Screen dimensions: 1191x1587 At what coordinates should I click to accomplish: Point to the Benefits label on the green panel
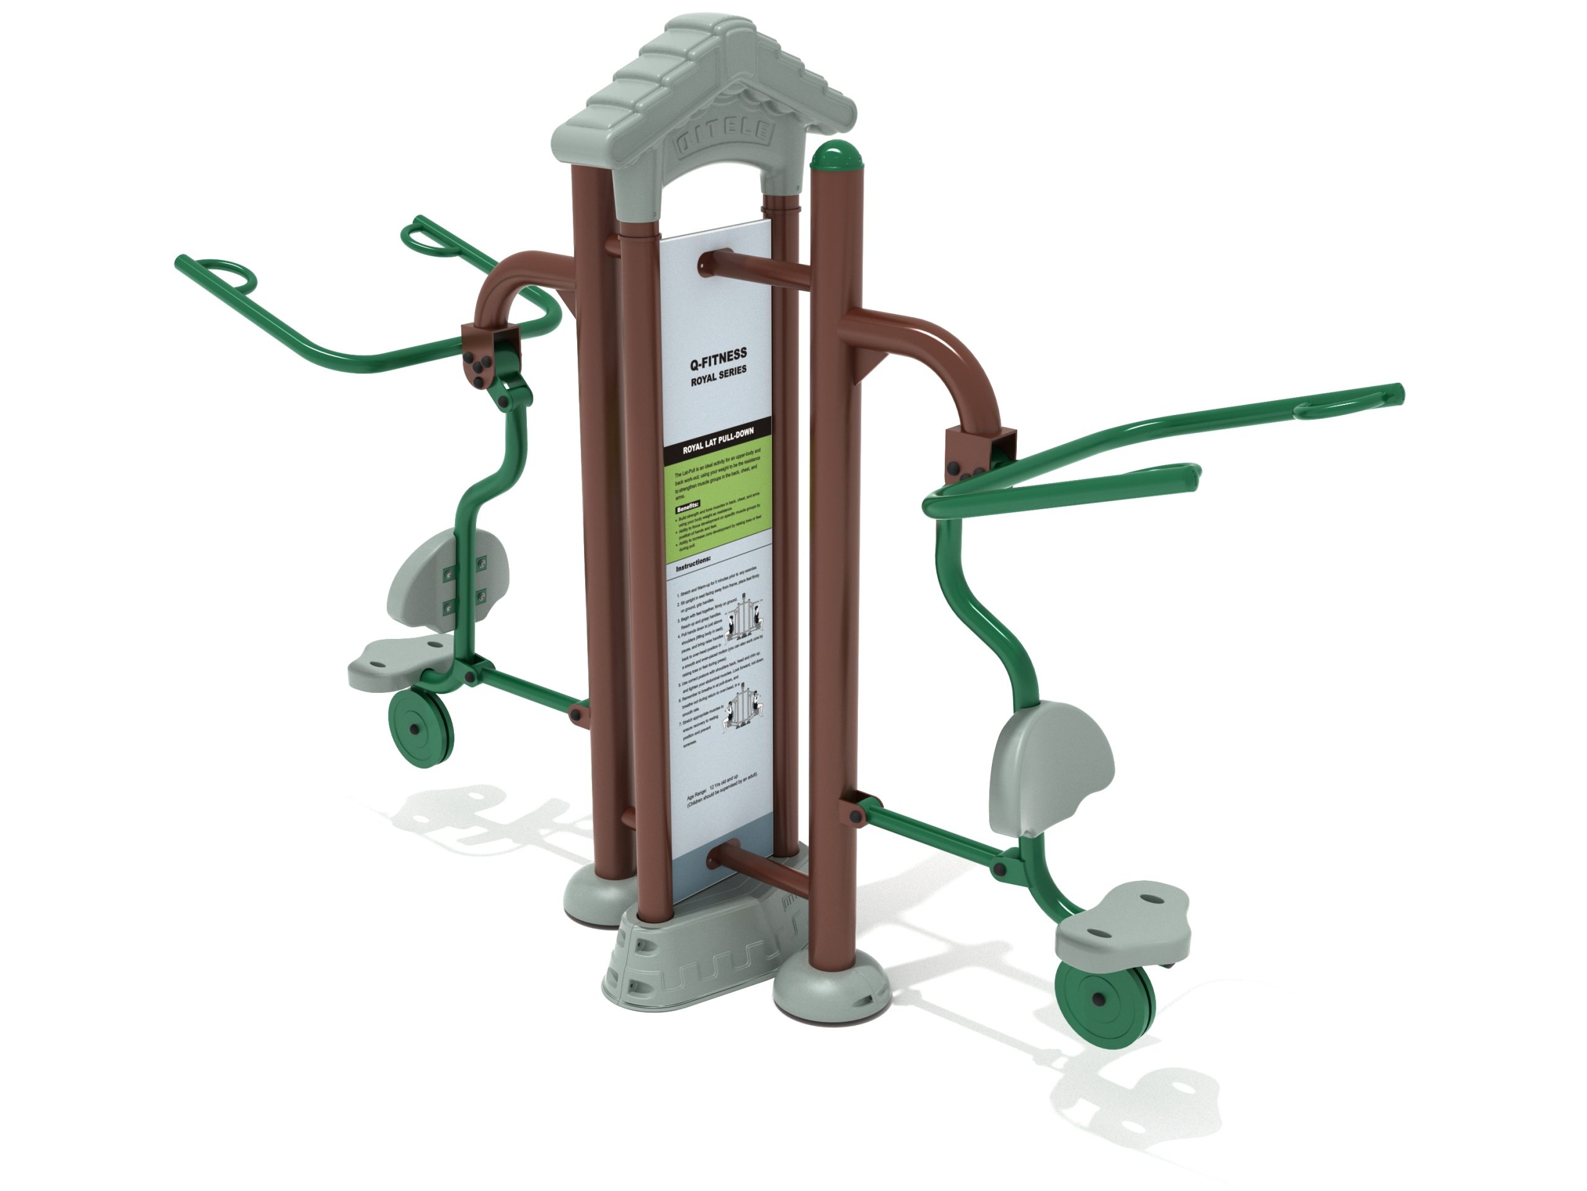688,508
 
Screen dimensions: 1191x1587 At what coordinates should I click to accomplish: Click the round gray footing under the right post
830,989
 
